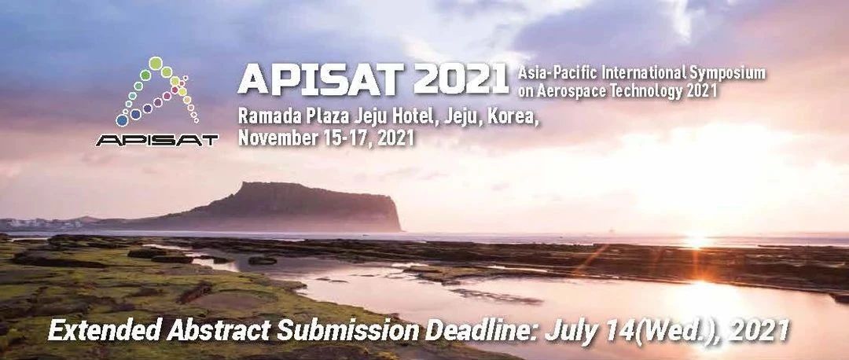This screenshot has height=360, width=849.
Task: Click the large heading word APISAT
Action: click(x=321, y=79)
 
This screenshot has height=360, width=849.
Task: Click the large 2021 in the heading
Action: click(x=461, y=79)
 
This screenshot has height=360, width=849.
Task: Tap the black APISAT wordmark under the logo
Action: click(x=157, y=140)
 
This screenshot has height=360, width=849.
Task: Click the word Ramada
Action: click(x=265, y=116)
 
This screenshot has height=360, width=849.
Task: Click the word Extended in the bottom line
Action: click(x=105, y=329)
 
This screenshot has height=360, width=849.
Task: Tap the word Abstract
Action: click(x=219, y=329)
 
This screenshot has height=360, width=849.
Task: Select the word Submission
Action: click(x=347, y=329)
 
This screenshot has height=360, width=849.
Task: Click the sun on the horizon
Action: click(x=696, y=241)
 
